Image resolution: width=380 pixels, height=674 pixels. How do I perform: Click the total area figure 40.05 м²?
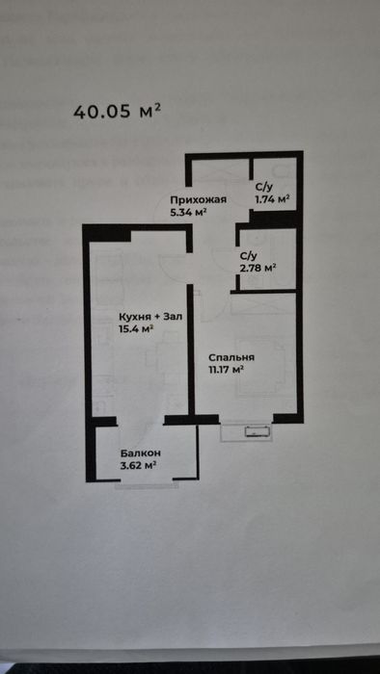coord(117,112)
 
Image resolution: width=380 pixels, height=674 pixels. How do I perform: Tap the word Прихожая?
coord(198,200)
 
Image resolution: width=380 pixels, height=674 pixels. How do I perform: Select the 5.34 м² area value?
coord(189,212)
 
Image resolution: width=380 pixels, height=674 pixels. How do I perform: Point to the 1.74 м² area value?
coord(272,198)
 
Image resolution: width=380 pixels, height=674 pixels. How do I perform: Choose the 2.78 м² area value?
coord(258,269)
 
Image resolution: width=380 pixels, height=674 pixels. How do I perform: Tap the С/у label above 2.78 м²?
coord(248,256)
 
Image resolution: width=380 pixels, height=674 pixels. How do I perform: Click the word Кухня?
coord(135,317)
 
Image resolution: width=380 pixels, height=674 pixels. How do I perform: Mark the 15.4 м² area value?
coord(136,329)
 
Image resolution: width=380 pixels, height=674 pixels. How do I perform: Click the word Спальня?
coord(232,357)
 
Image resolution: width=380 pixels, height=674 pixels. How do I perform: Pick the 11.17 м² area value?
coord(227,370)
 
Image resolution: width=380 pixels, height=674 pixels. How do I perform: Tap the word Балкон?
coord(141,454)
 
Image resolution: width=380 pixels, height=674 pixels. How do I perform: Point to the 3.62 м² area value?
coord(138,465)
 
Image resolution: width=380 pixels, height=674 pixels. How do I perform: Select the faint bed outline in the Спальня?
coord(260,365)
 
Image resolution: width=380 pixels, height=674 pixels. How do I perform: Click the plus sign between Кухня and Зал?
coord(156,318)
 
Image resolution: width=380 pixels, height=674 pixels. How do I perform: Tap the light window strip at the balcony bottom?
coord(147,485)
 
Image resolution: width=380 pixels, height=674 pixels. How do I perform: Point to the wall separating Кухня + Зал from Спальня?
coord(191,349)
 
